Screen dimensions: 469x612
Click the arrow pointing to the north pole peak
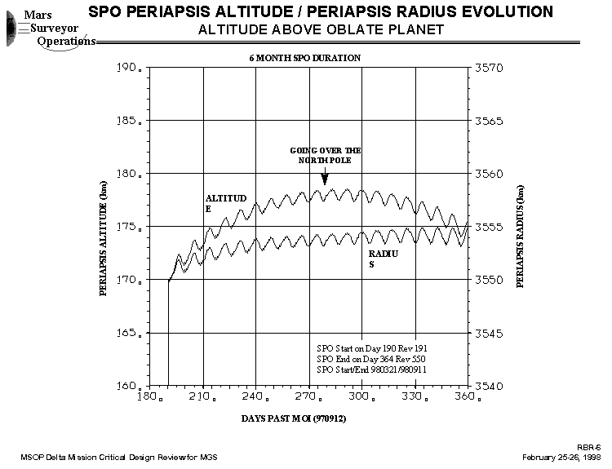click(x=325, y=177)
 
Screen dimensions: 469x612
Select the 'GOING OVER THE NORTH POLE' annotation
click(x=326, y=156)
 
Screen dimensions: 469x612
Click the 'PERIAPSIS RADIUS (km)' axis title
click(x=520, y=236)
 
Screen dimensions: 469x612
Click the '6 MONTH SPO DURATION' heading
click(x=305, y=58)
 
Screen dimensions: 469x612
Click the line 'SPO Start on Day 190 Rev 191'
click(x=371, y=347)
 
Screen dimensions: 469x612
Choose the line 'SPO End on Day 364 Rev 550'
click(x=370, y=359)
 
